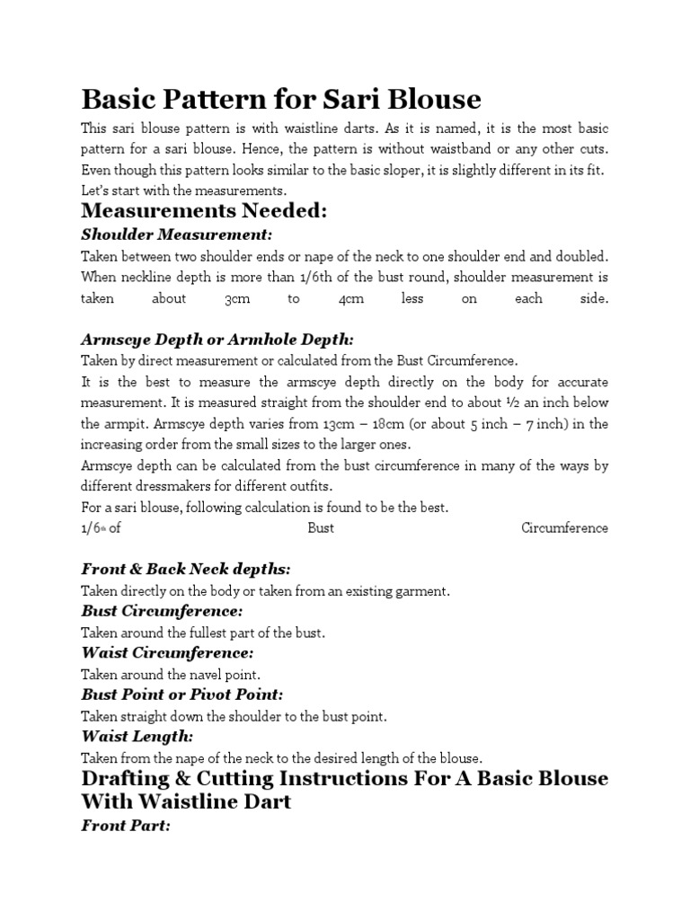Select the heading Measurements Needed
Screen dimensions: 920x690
click(204, 211)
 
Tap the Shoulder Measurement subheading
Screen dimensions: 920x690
click(176, 234)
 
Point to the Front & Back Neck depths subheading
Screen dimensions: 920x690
click(186, 570)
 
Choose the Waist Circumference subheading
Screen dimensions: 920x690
click(167, 652)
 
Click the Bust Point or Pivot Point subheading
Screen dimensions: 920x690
click(182, 694)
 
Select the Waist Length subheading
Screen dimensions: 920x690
click(137, 736)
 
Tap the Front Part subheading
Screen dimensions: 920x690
click(126, 825)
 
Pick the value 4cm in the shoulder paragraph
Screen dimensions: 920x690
click(350, 299)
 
